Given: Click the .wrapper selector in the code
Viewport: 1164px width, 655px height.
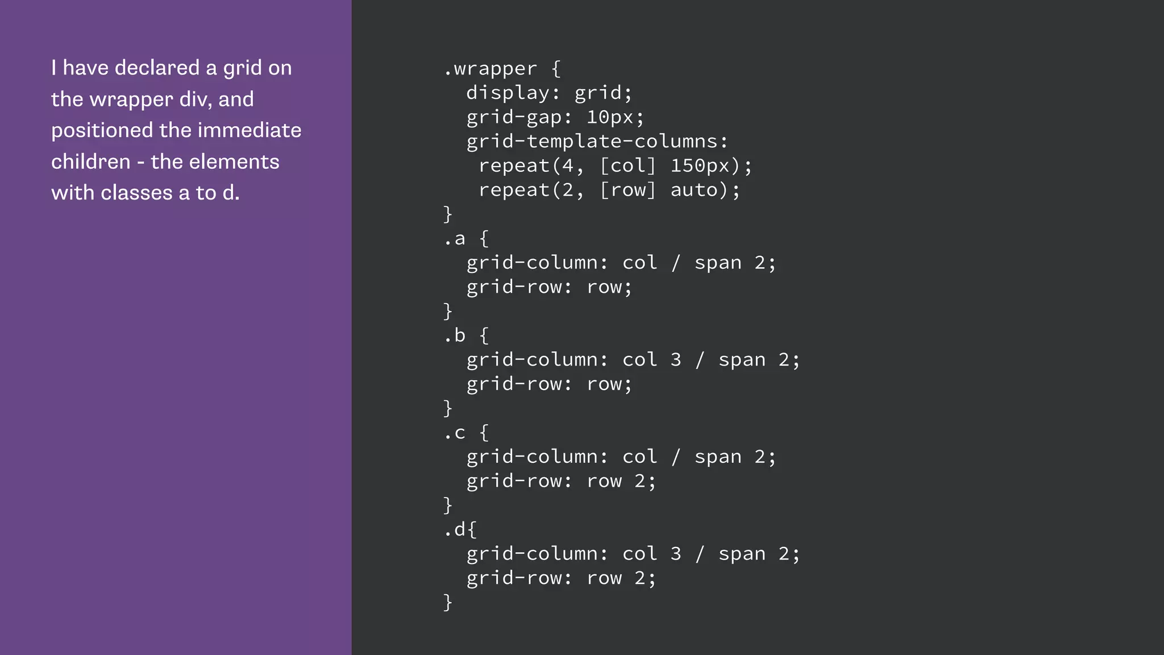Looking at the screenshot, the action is (x=490, y=69).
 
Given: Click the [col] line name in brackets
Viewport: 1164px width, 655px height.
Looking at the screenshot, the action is (x=628, y=166).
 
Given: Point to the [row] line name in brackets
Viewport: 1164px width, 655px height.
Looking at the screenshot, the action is (x=628, y=190).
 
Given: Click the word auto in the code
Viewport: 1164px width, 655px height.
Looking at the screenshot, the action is (x=694, y=190).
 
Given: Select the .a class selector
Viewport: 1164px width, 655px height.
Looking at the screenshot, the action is (x=455, y=239).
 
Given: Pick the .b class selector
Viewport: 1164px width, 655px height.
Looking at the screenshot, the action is (x=455, y=335).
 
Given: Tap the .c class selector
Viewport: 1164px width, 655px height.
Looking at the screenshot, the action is (x=455, y=433).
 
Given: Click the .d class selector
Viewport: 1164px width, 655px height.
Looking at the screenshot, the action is (x=455, y=530).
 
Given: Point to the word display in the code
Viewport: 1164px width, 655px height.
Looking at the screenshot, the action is (x=508, y=93).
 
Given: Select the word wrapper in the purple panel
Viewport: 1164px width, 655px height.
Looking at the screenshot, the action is (x=131, y=100).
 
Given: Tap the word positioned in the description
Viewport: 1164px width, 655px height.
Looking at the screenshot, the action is (x=102, y=131).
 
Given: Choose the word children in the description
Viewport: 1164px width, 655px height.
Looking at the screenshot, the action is (x=91, y=162).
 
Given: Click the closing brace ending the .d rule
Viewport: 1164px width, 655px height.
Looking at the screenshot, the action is (x=448, y=602).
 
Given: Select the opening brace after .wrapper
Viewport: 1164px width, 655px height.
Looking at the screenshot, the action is (x=556, y=69).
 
